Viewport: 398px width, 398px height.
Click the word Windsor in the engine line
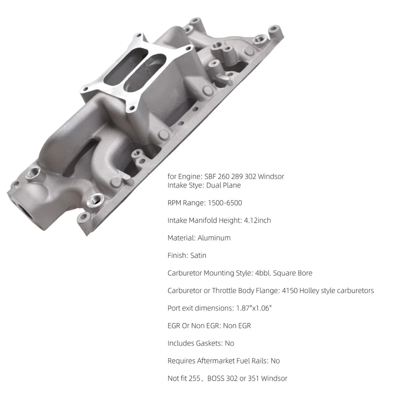click(x=271, y=176)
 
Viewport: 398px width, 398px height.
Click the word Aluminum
click(x=214, y=238)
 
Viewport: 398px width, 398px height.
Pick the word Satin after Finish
click(x=198, y=255)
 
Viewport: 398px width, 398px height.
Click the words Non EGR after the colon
click(x=237, y=326)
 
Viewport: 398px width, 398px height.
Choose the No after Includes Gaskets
click(x=229, y=343)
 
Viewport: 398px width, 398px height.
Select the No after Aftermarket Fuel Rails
click(x=275, y=361)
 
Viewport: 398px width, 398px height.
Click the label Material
click(x=181, y=238)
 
